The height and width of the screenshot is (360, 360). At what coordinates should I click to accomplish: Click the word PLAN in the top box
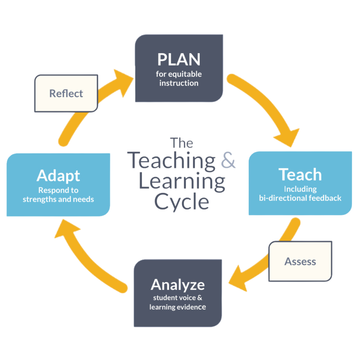[x=179, y=59]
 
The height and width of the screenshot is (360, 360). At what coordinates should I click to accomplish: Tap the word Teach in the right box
[x=300, y=174]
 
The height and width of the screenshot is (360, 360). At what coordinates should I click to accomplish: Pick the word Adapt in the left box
[x=58, y=176]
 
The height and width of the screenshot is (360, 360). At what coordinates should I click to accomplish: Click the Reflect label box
[x=66, y=93]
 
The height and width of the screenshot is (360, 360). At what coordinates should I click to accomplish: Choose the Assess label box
[x=300, y=261]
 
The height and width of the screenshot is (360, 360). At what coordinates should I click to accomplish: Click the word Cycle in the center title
[x=181, y=202]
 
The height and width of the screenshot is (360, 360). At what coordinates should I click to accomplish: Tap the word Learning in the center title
[x=181, y=181]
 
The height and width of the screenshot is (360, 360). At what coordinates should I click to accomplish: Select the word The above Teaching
[x=182, y=143]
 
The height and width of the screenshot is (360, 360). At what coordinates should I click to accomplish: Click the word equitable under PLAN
[x=187, y=74]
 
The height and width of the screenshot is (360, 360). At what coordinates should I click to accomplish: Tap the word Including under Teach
[x=300, y=189]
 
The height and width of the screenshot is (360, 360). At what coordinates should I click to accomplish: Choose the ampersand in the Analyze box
[x=199, y=297]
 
